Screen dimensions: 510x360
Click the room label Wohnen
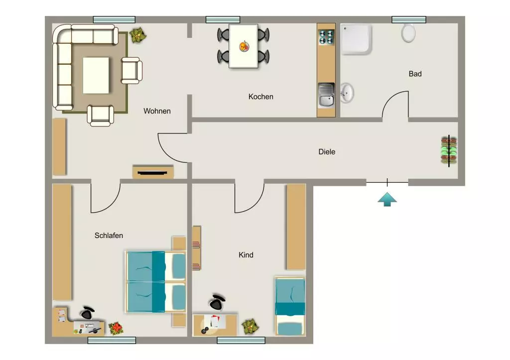tap(157, 111)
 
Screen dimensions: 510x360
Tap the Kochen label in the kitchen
tap(261, 97)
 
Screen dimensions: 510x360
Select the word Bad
tap(415, 74)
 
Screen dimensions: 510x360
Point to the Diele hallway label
tap(327, 151)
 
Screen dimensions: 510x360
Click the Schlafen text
tap(109, 236)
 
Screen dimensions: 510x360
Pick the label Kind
tap(246, 255)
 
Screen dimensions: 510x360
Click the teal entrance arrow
tap(387, 199)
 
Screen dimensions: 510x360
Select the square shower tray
tap(356, 39)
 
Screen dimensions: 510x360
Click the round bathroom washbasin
tap(347, 93)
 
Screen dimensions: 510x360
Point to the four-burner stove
tap(326, 37)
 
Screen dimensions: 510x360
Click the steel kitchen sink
tap(326, 95)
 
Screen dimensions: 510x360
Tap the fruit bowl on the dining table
tap(244, 46)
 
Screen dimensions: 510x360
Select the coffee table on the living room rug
tap(96, 76)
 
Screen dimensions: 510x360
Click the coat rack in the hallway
tap(449, 151)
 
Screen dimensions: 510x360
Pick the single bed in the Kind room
tap(290, 306)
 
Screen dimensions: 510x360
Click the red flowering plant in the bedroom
tap(116, 328)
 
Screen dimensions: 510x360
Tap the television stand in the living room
tap(153, 172)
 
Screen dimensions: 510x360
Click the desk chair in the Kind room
tap(217, 302)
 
